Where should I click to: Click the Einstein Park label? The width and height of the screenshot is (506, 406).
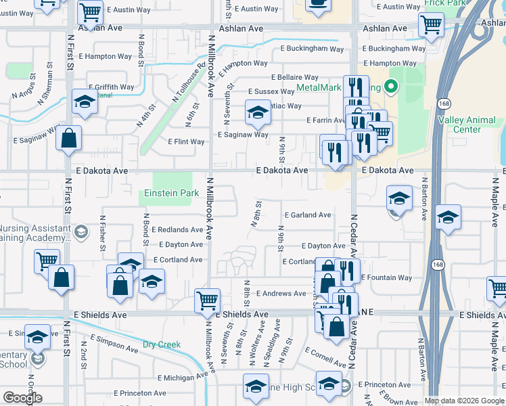tap(172, 193)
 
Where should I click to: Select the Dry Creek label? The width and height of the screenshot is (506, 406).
tap(162, 344)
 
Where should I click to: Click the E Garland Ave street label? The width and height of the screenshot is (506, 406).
tap(308, 215)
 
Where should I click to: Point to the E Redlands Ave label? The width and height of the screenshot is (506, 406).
tap(177, 230)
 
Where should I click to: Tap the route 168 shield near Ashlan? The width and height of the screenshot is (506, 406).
tap(444, 104)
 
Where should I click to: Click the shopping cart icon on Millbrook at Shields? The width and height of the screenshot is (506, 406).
tap(206, 299)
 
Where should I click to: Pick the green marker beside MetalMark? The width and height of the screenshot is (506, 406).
tap(390, 87)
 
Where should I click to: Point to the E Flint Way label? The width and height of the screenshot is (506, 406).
tap(186, 142)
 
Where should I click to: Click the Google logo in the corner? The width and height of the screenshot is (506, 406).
tap(22, 398)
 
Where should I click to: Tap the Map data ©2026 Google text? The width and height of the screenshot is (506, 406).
tap(463, 401)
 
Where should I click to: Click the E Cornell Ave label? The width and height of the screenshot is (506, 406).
tap(325, 357)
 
